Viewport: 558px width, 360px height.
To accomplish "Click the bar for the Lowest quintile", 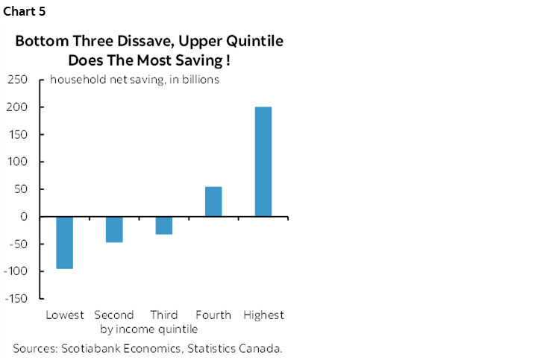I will pos(64,242).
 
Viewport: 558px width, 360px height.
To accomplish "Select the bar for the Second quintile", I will pos(114,230).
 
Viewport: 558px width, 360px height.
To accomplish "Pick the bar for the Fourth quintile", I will pos(213,202).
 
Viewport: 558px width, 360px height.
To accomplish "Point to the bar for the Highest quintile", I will pos(263,162).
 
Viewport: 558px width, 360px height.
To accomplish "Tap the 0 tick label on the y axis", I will pos(24,217).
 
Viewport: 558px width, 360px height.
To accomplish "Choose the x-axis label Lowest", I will pos(65,315).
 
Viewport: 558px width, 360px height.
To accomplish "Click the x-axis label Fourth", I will pos(213,315).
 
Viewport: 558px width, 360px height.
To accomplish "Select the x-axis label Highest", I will pos(263,315).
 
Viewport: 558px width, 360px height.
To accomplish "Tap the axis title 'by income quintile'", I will pos(148,329).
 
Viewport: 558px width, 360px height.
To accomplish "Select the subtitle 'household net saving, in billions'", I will pos(134,80).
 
